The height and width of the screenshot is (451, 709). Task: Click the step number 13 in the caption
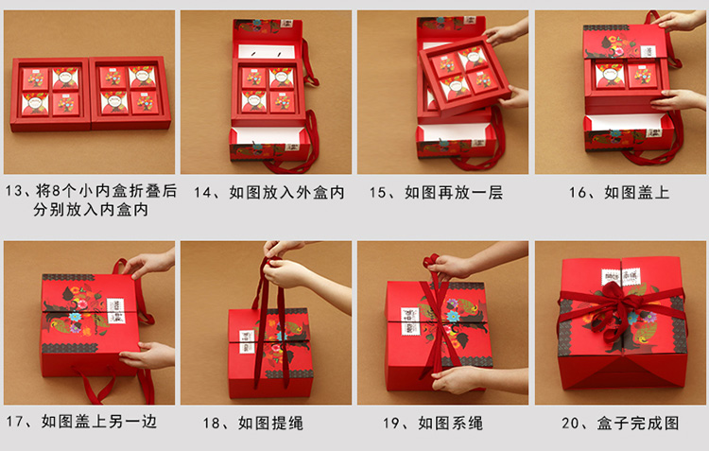tap(14, 191)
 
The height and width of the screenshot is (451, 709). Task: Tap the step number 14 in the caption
tap(203, 193)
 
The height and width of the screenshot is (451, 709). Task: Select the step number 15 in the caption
tap(378, 193)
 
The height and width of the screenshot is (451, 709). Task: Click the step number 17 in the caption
tap(14, 422)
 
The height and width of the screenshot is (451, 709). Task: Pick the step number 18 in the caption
tap(212, 424)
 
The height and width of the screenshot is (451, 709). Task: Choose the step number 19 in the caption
tap(391, 424)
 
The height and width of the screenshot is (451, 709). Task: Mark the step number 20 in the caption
tap(571, 424)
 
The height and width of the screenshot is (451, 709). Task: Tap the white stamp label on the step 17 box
tap(115, 311)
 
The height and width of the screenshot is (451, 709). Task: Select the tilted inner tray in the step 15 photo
tap(465, 75)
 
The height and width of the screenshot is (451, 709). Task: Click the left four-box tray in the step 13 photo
tap(50, 95)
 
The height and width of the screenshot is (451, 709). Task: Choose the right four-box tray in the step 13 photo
tap(130, 93)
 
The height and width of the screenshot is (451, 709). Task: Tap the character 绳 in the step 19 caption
tap(476, 424)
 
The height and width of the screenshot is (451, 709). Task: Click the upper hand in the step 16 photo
tap(678, 21)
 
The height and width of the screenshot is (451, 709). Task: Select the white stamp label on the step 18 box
tap(247, 341)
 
